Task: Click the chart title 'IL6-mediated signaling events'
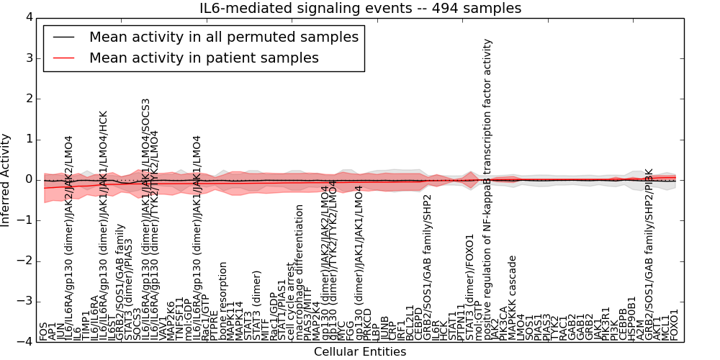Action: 360,9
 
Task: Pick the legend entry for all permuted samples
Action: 223,37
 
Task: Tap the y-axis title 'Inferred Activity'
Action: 6,180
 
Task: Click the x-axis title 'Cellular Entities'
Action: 360,352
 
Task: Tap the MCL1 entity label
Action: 665,328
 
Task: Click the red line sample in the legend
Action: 63,58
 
